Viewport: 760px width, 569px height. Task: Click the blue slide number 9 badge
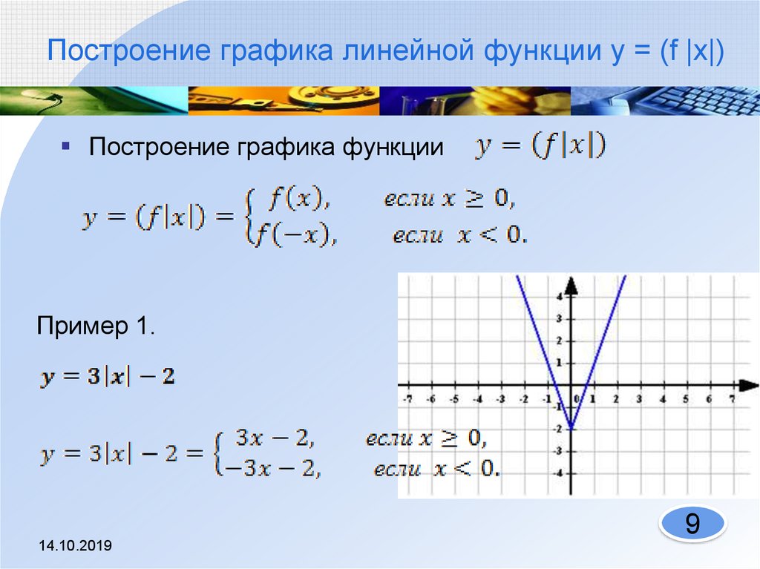click(x=692, y=525)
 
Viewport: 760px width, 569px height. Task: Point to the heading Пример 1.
click(x=96, y=327)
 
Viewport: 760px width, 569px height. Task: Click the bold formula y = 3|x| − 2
click(x=108, y=377)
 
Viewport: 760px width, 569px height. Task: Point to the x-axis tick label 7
click(x=732, y=398)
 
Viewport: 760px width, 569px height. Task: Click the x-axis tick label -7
click(x=407, y=398)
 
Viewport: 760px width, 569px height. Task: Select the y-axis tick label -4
click(x=557, y=473)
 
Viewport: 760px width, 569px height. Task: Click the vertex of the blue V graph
click(x=571, y=429)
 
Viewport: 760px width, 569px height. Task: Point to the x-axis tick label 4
click(x=662, y=398)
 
